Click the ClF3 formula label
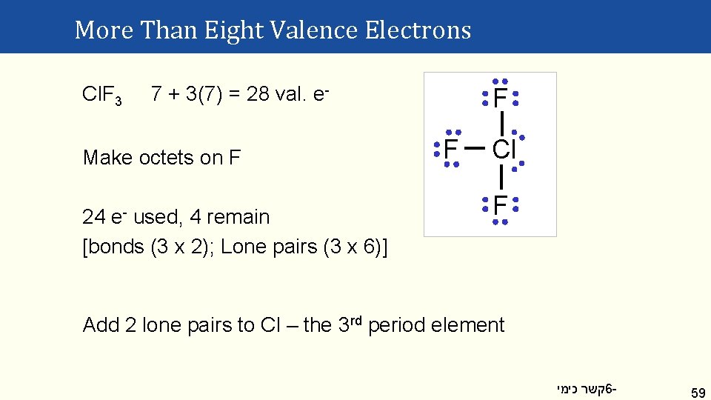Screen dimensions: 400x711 click(102, 95)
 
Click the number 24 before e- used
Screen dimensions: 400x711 click(94, 217)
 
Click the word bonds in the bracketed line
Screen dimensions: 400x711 click(117, 247)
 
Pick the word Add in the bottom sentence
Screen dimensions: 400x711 click(99, 325)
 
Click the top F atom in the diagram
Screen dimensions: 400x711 click(500, 98)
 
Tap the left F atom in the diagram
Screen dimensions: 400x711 click(450, 149)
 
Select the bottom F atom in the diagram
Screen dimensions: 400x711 click(500, 204)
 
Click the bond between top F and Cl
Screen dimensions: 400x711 click(502, 121)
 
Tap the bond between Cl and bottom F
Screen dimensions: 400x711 click(501, 177)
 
